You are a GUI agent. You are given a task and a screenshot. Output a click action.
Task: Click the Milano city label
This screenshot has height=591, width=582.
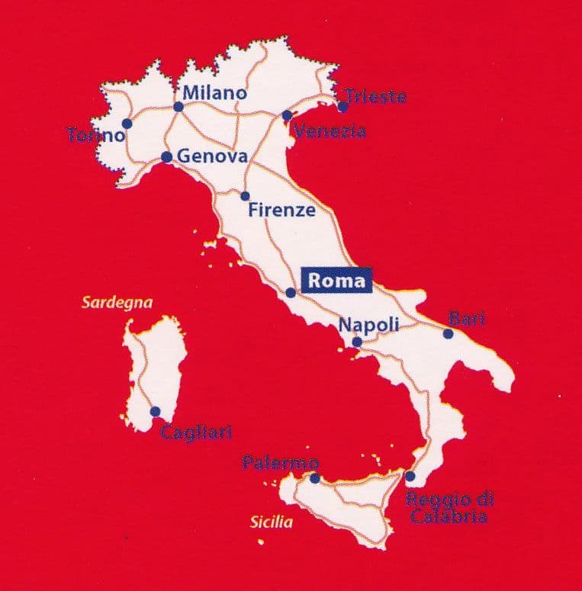click(x=216, y=93)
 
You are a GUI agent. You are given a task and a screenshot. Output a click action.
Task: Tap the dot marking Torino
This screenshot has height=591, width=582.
click(x=127, y=123)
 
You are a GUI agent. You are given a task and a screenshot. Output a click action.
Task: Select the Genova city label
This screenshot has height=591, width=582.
click(x=212, y=157)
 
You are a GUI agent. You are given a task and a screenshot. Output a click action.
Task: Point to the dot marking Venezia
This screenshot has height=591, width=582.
click(x=287, y=115)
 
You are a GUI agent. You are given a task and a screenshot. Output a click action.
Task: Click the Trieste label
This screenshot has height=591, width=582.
click(x=375, y=97)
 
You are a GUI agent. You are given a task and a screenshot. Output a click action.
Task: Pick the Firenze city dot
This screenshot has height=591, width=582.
click(x=245, y=196)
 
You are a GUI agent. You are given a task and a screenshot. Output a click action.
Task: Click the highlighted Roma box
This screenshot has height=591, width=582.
click(x=336, y=280)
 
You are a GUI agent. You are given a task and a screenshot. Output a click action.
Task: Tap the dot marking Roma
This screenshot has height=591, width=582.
click(x=291, y=293)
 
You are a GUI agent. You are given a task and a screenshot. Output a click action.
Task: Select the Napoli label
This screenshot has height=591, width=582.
click(x=369, y=324)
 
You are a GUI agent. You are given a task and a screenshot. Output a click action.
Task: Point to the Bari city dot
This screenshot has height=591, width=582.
click(x=448, y=333)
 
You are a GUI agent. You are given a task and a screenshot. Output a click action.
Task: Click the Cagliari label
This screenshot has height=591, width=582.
click(x=196, y=432)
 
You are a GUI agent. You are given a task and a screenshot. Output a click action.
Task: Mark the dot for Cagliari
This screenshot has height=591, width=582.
click(x=155, y=411)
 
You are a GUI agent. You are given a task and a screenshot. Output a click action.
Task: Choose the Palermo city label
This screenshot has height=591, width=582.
click(x=280, y=462)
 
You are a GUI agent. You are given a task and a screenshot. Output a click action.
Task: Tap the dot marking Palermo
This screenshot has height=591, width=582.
click(x=314, y=478)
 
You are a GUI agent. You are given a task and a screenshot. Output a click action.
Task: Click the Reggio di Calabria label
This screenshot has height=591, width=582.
click(x=449, y=509)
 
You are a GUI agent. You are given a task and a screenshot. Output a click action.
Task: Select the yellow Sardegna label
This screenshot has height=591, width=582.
click(x=117, y=303)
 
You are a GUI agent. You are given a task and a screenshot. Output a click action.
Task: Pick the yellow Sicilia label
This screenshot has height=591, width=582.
click(x=271, y=522)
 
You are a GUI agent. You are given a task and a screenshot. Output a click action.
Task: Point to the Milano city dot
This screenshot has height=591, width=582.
click(x=178, y=107)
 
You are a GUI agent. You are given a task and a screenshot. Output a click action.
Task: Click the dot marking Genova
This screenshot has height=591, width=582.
click(x=166, y=157)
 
